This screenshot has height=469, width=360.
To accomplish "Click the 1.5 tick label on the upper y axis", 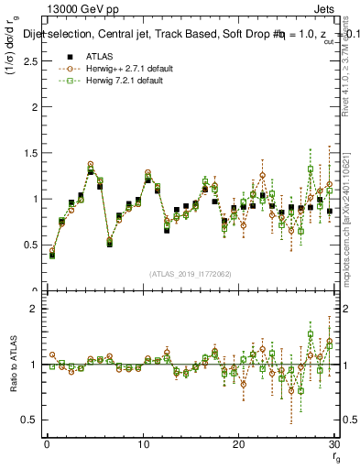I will [x=29, y=153].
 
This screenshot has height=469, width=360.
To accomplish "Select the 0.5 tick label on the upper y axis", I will [x=29, y=245].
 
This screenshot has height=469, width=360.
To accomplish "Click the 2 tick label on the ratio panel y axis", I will [x=33, y=309].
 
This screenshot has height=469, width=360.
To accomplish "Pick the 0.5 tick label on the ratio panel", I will [x=29, y=420].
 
